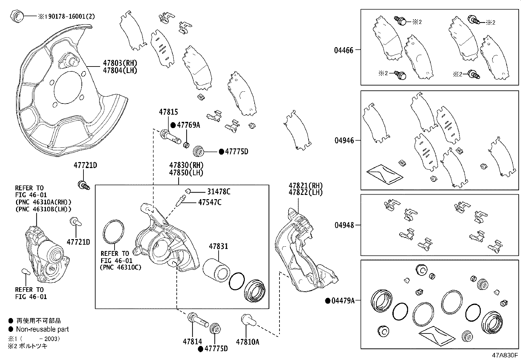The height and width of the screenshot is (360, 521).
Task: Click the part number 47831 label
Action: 218,246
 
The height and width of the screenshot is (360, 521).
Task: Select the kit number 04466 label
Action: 344,50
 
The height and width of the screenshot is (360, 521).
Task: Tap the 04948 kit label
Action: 344,225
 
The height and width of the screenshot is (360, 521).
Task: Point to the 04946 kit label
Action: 344,141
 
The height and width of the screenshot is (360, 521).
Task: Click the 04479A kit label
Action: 342,301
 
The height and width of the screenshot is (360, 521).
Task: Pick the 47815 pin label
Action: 169,112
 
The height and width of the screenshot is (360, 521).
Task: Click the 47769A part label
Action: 188,125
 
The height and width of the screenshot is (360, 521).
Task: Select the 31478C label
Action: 219,192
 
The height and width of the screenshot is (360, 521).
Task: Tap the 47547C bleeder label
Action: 209,202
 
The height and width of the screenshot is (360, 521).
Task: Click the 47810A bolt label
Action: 247,342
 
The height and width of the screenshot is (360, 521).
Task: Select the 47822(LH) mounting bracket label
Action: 305,193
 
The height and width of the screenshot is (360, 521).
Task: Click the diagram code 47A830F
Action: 504,355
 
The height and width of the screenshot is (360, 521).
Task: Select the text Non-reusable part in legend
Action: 43,329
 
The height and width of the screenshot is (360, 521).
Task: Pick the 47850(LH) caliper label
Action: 186,173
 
